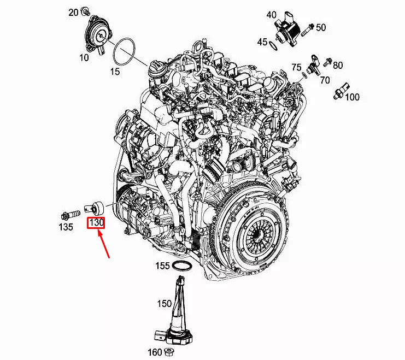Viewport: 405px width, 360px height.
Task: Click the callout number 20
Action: click(x=73, y=11)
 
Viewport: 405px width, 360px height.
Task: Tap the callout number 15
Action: click(x=115, y=72)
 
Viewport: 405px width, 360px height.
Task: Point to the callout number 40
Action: click(x=272, y=15)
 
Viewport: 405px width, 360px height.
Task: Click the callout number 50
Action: click(x=321, y=27)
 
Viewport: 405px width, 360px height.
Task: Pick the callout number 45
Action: click(x=262, y=42)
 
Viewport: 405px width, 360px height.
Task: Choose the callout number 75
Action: click(x=296, y=67)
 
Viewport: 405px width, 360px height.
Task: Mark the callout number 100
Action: click(x=353, y=97)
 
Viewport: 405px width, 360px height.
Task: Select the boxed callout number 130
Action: click(x=97, y=223)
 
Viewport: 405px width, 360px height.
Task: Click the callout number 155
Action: click(x=162, y=267)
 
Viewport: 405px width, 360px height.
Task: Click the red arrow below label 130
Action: click(x=104, y=244)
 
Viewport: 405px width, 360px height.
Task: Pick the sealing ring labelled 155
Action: click(x=181, y=265)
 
